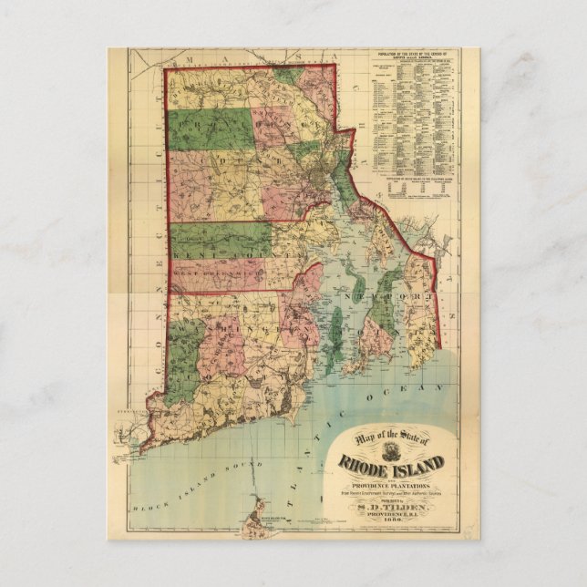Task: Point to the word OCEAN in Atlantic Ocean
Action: tap(398, 391)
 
